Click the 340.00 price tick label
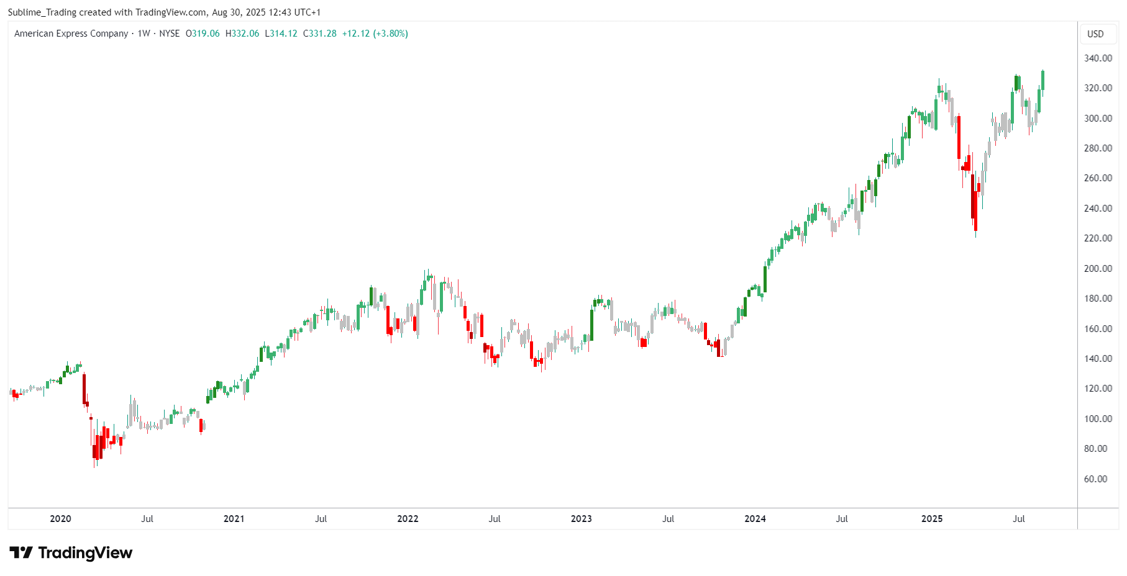tap(1098, 58)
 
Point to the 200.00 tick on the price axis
tap(1098, 269)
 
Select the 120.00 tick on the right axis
tap(1098, 389)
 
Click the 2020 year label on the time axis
tap(60, 519)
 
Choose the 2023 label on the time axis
tap(581, 519)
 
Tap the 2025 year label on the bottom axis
tap(931, 519)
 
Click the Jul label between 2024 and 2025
tap(842, 519)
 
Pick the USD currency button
tap(1095, 34)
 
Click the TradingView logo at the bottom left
tap(71, 552)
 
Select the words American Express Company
tap(71, 34)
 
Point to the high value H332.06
tap(242, 34)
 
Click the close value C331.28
tap(320, 34)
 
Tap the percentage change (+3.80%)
tap(390, 34)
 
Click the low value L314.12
tap(281, 34)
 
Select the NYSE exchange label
tap(169, 34)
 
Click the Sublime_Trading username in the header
tap(42, 12)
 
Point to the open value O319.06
tap(203, 34)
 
